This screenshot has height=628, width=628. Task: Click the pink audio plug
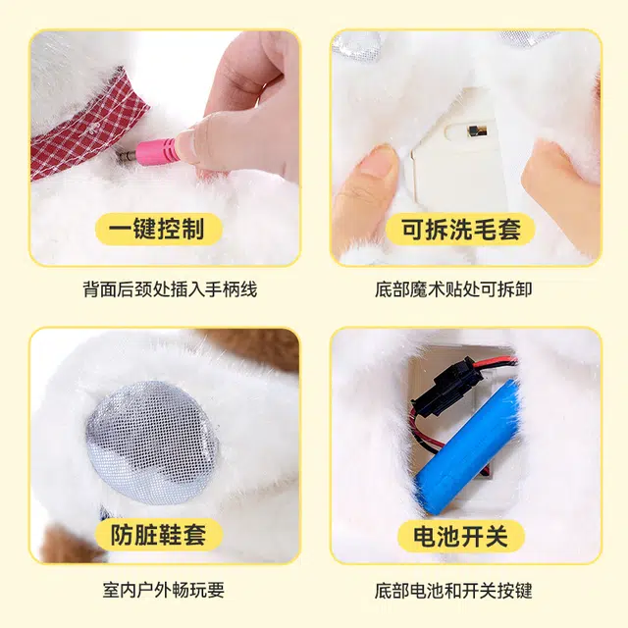155,151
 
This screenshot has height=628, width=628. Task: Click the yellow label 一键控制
159,229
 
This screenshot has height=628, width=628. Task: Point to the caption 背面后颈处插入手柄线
170,289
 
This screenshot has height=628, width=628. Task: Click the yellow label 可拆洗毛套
460,229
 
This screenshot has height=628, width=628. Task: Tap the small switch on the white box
478,131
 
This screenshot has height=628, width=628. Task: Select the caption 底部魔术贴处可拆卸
453,289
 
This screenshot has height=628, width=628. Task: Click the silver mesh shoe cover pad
152,443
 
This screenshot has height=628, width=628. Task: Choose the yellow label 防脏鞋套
158,534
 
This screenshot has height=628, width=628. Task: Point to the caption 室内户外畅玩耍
164,591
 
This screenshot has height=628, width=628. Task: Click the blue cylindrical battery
467,446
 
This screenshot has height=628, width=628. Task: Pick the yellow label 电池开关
460,536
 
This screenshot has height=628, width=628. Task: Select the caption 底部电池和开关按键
453,591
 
